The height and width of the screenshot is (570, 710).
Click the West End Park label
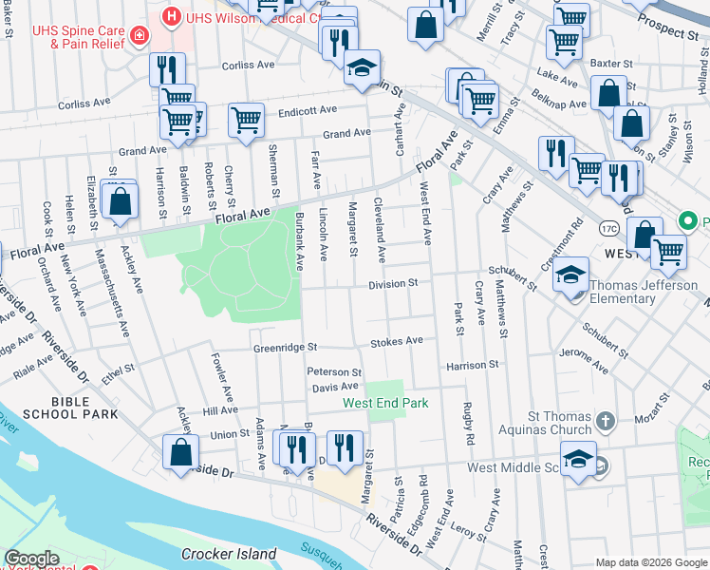point(385,403)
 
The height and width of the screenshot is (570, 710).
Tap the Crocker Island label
point(229,554)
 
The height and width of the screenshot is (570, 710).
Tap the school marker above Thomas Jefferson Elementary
point(570,275)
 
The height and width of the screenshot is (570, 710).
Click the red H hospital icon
point(171,16)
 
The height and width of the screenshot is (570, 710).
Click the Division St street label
point(394,283)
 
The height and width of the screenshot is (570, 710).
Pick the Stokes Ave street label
point(396,341)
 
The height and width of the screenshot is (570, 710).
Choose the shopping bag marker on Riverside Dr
point(180,453)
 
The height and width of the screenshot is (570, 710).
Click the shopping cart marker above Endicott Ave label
point(246,121)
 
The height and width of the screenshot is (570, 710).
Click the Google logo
point(30,559)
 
